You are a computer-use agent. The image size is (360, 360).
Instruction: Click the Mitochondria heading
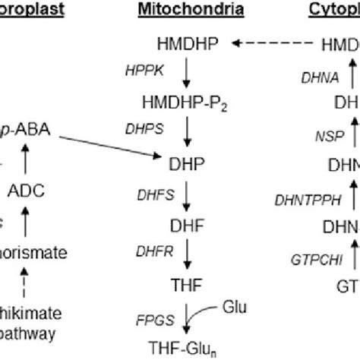pyautogui.click(x=191, y=10)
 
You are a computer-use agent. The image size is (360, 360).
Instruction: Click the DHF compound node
pyautogui.click(x=188, y=223)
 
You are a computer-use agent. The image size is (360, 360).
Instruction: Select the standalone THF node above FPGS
pyautogui.click(x=188, y=283)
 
